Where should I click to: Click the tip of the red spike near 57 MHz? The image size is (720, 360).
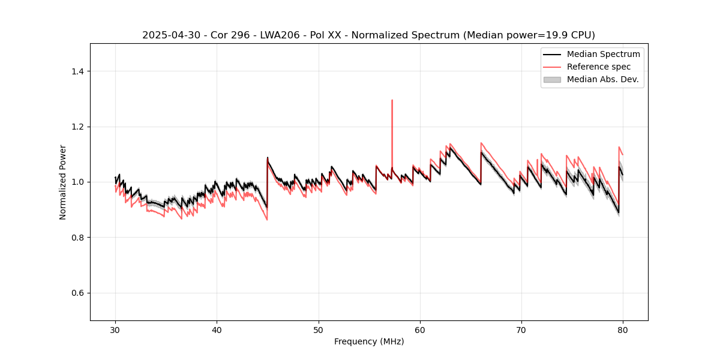[x=392, y=100]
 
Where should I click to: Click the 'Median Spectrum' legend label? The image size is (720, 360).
[x=603, y=54]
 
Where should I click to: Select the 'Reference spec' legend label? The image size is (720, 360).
[x=599, y=67]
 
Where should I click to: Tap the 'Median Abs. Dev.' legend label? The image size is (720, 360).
[x=602, y=79]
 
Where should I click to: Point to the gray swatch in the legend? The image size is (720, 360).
[x=552, y=79]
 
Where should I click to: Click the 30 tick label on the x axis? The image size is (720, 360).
[x=116, y=330]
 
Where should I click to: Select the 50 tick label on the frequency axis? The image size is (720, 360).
[x=319, y=330]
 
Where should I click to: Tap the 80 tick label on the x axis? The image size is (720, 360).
[x=623, y=330]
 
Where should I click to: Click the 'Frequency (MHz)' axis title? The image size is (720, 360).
[x=369, y=341]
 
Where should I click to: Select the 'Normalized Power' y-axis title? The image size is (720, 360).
[x=63, y=182]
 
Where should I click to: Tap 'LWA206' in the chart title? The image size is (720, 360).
[x=265, y=35]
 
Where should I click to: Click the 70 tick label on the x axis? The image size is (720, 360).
[x=521, y=330]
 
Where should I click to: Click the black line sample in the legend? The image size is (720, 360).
[x=552, y=54]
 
